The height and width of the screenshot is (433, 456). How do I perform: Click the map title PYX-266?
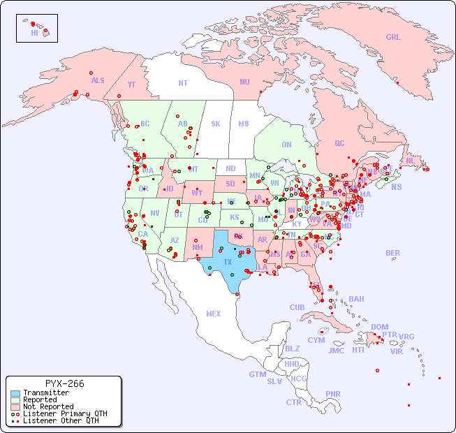(x=64, y=383)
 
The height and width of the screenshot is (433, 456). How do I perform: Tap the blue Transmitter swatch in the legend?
(x=15, y=393)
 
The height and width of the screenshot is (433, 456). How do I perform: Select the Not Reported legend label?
(x=48, y=406)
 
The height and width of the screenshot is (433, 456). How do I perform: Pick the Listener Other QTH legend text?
(x=61, y=420)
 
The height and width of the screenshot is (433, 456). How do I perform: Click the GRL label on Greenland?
(x=393, y=37)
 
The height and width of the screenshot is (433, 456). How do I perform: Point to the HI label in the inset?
(x=34, y=33)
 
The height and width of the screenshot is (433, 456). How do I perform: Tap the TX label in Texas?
(x=228, y=262)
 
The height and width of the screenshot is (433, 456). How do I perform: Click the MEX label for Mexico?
(x=214, y=314)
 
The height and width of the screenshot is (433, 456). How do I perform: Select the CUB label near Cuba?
(x=297, y=307)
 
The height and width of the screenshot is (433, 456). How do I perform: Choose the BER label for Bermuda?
(x=392, y=253)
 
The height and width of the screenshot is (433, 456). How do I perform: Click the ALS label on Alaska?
(x=98, y=80)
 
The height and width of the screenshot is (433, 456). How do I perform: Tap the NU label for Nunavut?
(x=244, y=82)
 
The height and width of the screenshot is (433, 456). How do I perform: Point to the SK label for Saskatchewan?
(x=216, y=124)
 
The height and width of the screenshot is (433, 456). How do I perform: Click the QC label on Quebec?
(x=339, y=143)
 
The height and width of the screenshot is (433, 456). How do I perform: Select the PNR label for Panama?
(x=333, y=394)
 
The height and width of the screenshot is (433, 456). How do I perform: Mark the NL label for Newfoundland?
(x=410, y=161)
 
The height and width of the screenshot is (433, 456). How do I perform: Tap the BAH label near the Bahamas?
(x=356, y=299)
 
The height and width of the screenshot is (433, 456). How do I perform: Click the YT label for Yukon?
(x=131, y=85)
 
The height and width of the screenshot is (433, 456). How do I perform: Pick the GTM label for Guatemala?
(x=257, y=374)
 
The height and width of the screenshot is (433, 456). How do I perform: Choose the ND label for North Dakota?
(x=230, y=168)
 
